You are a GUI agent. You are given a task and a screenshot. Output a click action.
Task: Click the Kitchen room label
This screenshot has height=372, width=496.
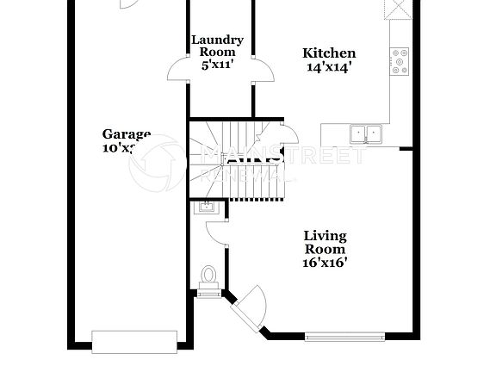[328, 53]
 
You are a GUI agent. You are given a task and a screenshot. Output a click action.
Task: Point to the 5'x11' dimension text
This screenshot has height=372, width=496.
[217, 64]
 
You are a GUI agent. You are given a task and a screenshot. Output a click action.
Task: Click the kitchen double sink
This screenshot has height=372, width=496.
[367, 133]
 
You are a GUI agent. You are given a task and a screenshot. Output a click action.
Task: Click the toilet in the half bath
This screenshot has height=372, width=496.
[208, 276]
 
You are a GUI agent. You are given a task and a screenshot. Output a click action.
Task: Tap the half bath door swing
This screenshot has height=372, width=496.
[216, 231]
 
